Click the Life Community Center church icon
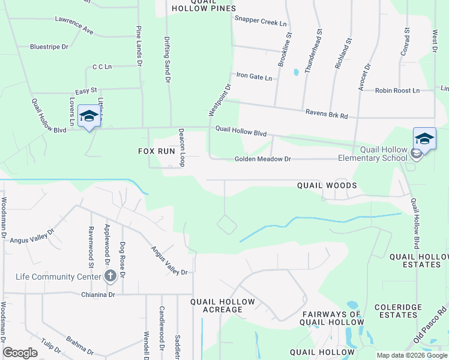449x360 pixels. [x=110, y=275]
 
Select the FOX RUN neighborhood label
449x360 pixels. [x=157, y=152]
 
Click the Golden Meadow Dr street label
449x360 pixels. [x=262, y=159]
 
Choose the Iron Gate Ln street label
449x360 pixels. [x=254, y=77]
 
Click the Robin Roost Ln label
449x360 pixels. [x=397, y=91]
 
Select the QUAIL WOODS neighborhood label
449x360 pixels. [x=327, y=186]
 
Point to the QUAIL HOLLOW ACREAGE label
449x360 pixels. [x=222, y=305]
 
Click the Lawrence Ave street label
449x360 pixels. [x=74, y=25]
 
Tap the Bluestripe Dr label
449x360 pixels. [x=49, y=46]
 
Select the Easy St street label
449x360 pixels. [x=86, y=90]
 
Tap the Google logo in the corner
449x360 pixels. [x=20, y=353]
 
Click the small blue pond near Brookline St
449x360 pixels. [x=296, y=73]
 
